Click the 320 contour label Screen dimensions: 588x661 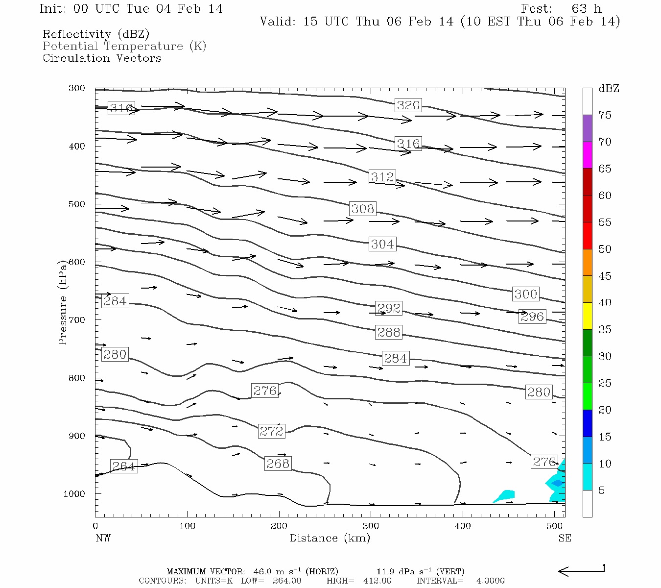tap(408, 105)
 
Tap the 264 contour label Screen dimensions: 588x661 tap(123, 466)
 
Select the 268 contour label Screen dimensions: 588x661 tap(278, 463)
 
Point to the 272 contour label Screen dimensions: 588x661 tap(271, 431)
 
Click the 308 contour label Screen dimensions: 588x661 tap(362, 209)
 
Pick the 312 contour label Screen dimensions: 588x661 tap(382, 176)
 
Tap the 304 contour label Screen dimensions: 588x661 tap(382, 244)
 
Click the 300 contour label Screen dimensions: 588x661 tap(525, 294)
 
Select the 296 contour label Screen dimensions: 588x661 tap(532, 317)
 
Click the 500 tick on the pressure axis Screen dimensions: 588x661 tap(77, 204)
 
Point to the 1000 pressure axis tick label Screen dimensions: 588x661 tap(74, 494)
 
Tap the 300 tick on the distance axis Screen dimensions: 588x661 tap(371, 526)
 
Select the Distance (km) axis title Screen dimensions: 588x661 tap(330, 538)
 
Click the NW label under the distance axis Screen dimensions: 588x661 tap(103, 538)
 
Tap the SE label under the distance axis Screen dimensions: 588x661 tap(565, 538)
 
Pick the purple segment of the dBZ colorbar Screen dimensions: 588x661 tap(587, 128)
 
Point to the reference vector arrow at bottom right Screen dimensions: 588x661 tap(581, 570)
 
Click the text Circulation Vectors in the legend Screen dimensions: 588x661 tap(102, 58)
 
